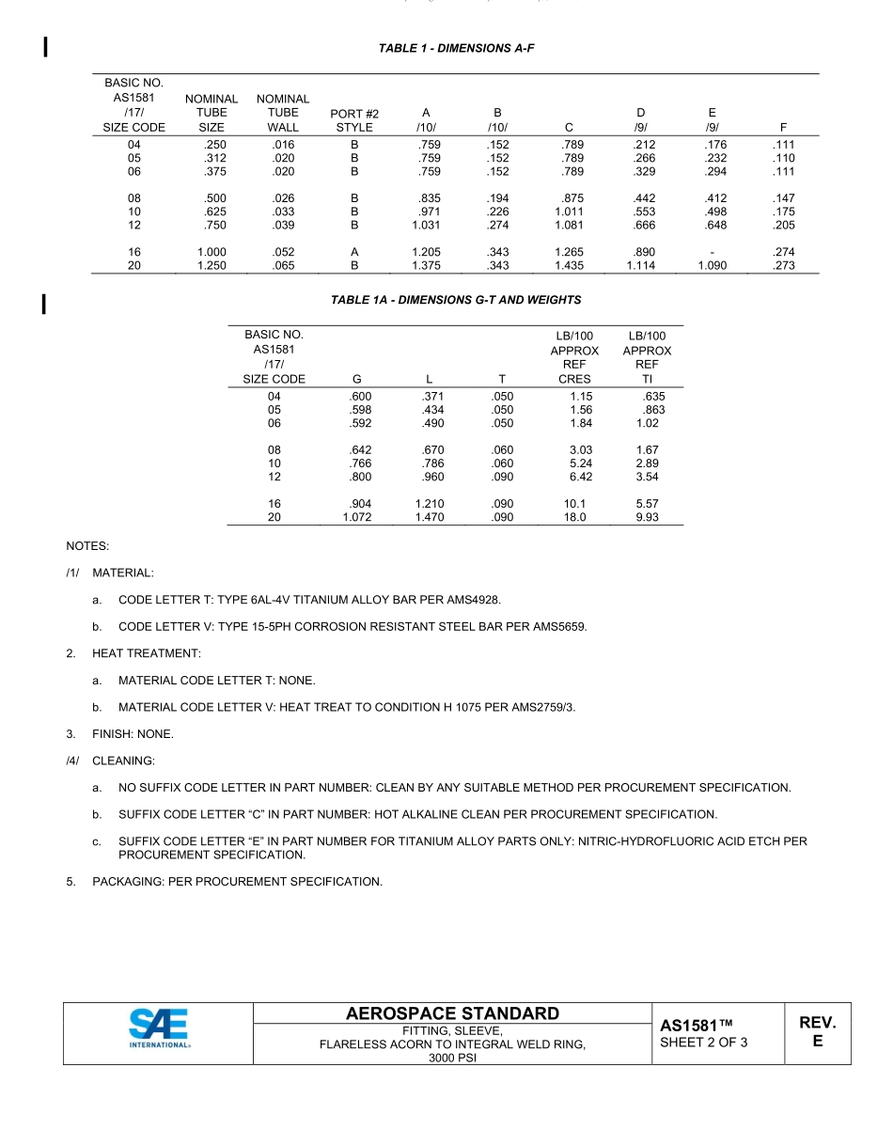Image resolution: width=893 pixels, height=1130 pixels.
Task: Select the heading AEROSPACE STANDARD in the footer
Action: click(x=452, y=1013)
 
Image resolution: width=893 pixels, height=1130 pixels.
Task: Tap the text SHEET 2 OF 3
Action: click(x=704, y=1042)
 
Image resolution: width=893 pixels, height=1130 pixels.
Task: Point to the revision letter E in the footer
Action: click(x=817, y=1042)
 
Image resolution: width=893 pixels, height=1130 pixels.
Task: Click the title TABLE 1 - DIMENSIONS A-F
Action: click(x=456, y=47)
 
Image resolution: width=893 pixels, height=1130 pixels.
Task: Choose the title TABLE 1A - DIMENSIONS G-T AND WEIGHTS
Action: click(x=456, y=300)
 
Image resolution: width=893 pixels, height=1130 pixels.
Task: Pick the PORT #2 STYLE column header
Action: click(x=354, y=120)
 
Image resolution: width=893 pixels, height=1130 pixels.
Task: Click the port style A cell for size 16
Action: click(x=354, y=252)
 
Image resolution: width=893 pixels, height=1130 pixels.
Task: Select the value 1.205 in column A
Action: click(x=426, y=252)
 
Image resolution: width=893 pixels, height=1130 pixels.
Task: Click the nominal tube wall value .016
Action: click(x=282, y=145)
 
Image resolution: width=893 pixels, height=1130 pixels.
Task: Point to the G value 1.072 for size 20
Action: click(x=356, y=518)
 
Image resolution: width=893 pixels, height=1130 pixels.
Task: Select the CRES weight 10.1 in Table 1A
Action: click(x=574, y=504)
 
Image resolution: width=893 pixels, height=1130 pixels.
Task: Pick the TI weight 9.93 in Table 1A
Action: click(x=647, y=518)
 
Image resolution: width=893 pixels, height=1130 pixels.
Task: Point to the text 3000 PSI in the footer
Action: click(x=452, y=1057)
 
